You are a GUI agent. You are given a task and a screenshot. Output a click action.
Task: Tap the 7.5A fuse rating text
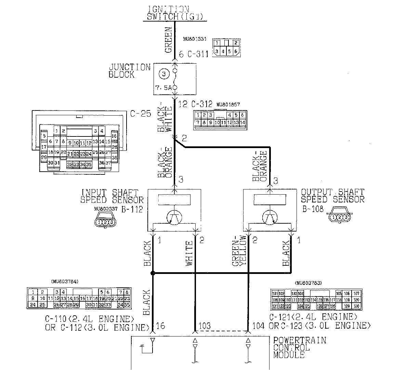pos(163,88)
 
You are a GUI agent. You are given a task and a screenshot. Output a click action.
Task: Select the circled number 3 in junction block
pos(163,73)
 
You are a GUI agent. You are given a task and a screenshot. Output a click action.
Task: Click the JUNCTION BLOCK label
pos(130,71)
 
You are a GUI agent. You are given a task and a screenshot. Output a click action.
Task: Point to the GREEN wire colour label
pos(169,40)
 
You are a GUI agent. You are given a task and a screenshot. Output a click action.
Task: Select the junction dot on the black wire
pos(153,273)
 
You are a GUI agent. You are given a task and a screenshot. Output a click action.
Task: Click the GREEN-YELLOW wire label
pos(239,251)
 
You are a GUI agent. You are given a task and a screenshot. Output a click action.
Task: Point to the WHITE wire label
pos(189,254)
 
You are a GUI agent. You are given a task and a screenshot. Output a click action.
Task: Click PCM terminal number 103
pos(204,326)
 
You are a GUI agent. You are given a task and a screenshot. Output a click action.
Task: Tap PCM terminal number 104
pos(258,326)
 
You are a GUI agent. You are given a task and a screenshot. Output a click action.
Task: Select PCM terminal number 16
pos(160,326)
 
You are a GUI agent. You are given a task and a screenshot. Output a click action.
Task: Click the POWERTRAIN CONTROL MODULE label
pos(299,347)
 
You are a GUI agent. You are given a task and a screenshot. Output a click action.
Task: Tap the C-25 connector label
pos(140,114)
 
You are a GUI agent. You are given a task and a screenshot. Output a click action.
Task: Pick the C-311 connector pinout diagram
pos(226,47)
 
